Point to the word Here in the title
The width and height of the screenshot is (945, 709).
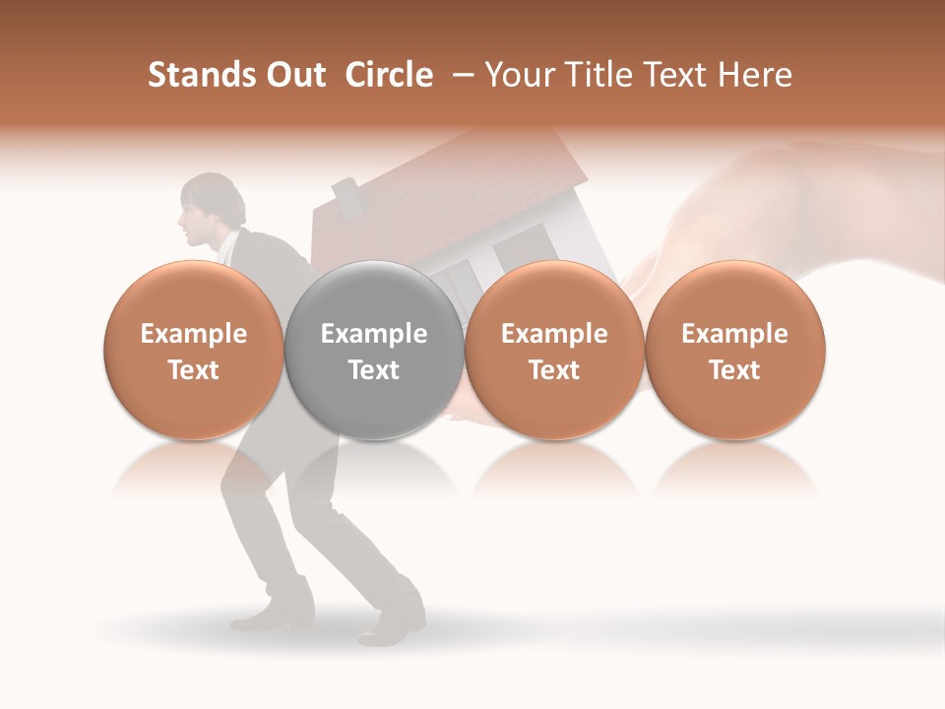pyautogui.click(x=754, y=75)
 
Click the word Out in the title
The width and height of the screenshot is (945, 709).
pyautogui.click(x=294, y=75)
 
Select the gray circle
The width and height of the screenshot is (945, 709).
pyautogui.click(x=374, y=350)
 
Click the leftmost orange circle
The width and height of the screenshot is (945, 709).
pyautogui.click(x=194, y=350)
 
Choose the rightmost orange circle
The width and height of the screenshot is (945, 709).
pyautogui.click(x=735, y=350)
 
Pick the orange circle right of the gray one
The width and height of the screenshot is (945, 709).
pyautogui.click(x=554, y=350)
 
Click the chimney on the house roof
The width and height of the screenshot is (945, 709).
pyautogui.click(x=346, y=195)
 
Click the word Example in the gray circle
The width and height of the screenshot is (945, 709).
pyautogui.click(x=374, y=334)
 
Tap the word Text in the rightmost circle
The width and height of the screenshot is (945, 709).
pyautogui.click(x=735, y=370)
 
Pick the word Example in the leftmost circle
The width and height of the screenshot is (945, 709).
pyautogui.click(x=194, y=334)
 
